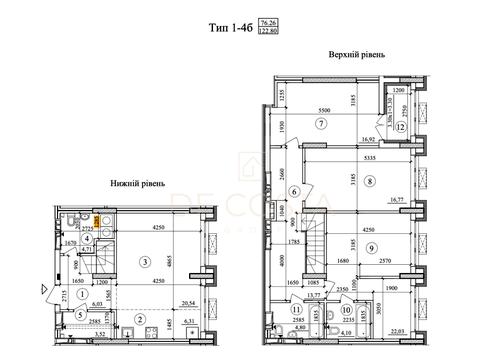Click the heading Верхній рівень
pos(351,56)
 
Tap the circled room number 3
pos(146,262)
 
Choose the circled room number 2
pos(140,320)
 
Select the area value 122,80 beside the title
pos(268,32)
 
